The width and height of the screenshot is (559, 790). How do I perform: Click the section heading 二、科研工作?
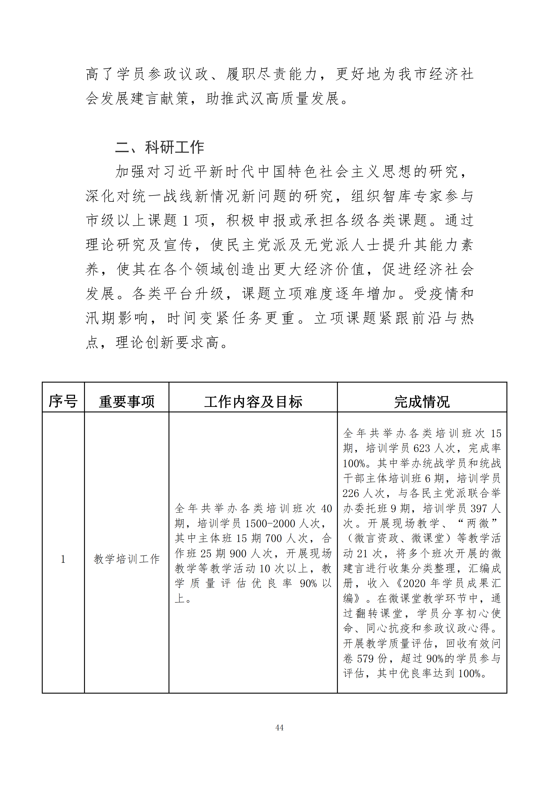point(159,147)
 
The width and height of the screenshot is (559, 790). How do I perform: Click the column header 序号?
point(63,401)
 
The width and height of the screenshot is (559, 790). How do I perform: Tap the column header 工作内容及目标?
point(253,401)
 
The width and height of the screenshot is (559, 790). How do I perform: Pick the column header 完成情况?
point(422,401)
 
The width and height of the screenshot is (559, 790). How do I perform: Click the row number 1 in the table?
point(63,559)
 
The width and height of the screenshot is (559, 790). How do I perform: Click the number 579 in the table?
point(365,659)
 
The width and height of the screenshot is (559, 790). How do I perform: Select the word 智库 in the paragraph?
point(398,196)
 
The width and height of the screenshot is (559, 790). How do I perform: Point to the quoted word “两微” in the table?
point(478,523)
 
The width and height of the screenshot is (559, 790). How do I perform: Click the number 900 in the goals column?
point(238,554)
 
